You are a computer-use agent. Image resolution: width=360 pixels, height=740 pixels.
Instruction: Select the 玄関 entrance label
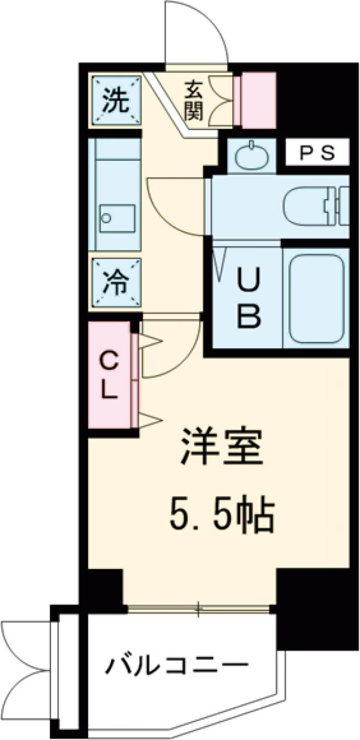pyautogui.click(x=193, y=100)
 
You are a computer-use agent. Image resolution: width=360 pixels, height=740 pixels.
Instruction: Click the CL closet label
pyautogui.click(x=109, y=376)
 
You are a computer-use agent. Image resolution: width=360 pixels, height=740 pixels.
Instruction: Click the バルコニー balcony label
pyautogui.click(x=178, y=665)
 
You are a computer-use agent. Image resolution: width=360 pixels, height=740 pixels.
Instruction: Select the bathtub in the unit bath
pyautogui.click(x=316, y=299)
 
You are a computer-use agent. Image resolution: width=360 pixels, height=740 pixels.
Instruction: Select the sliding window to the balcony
pyautogui.click(x=198, y=609)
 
